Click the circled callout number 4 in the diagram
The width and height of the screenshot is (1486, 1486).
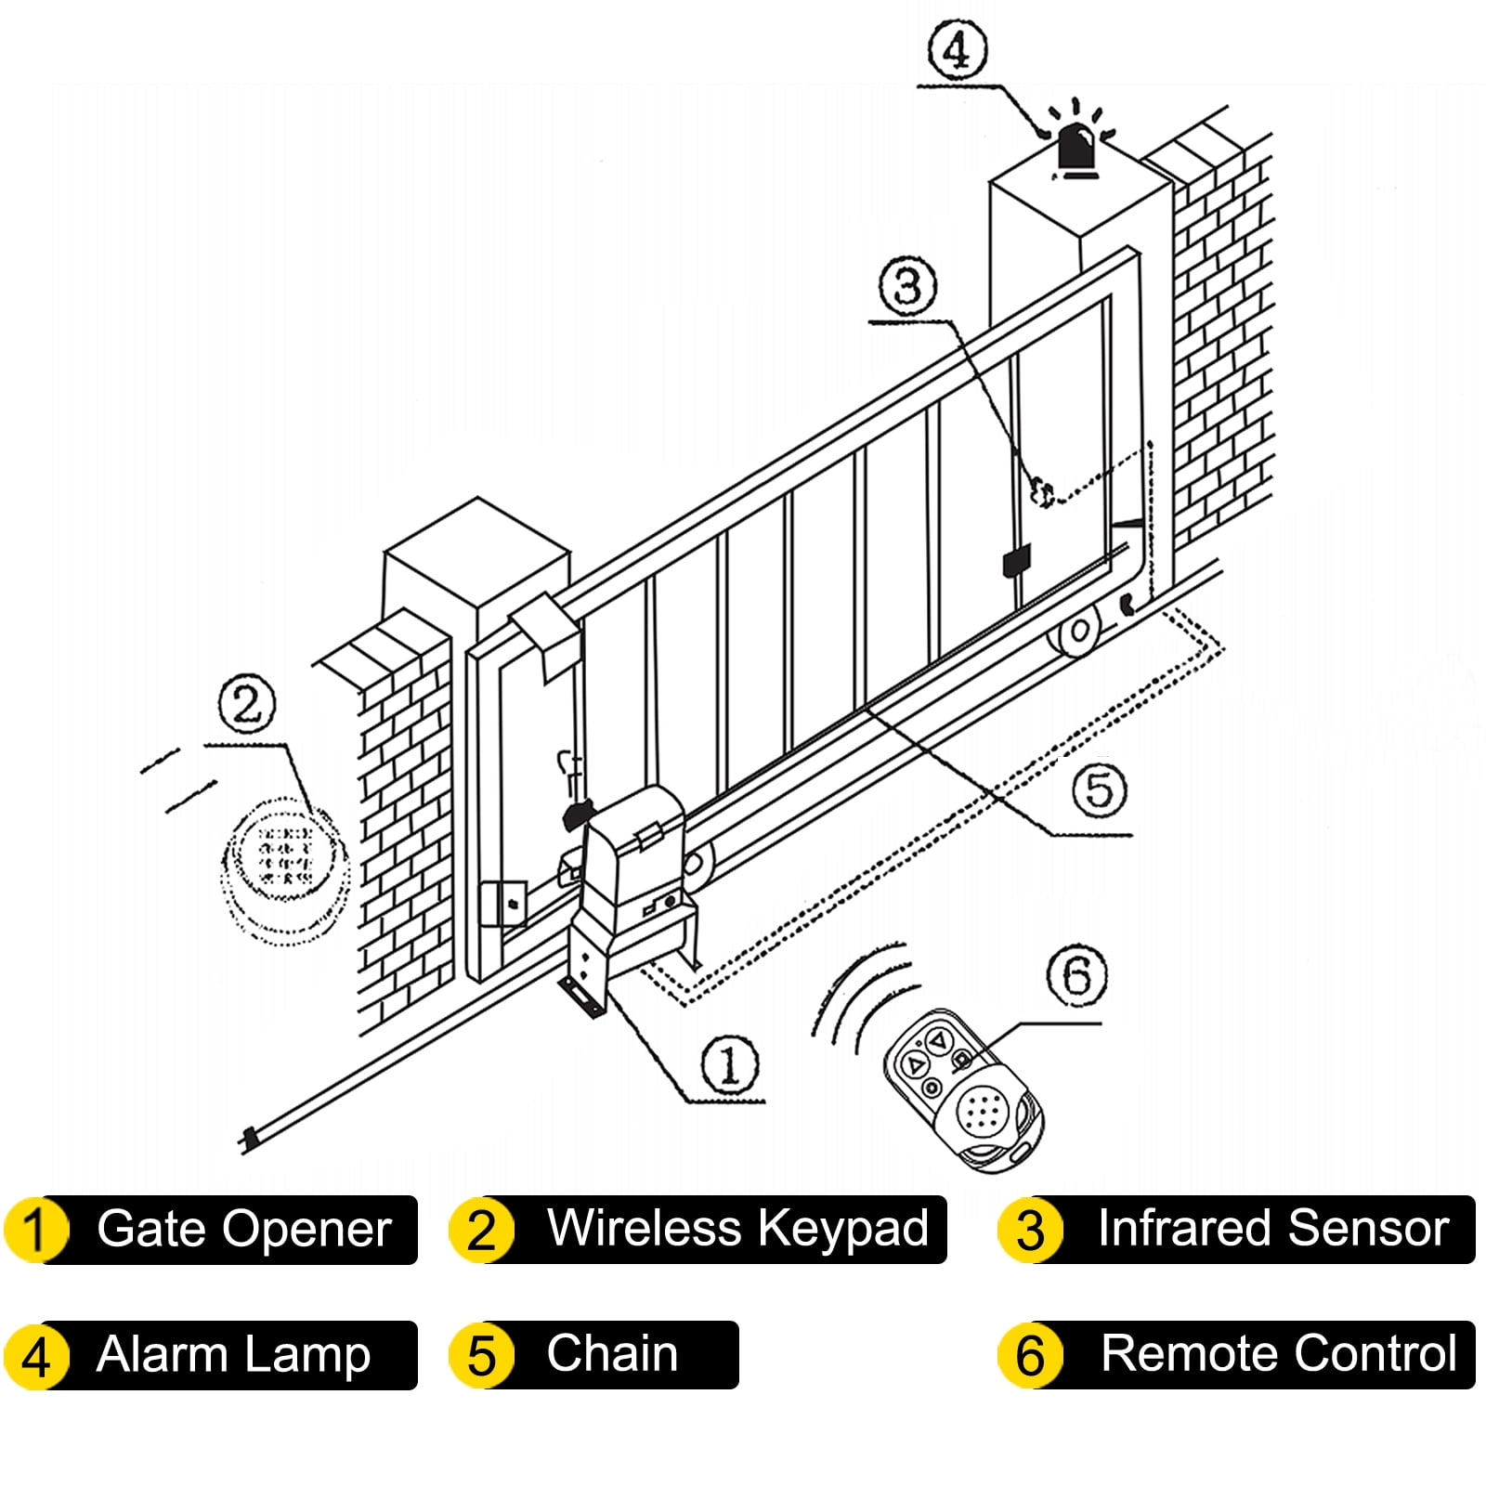click(957, 51)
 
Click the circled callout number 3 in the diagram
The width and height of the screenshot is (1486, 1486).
click(907, 285)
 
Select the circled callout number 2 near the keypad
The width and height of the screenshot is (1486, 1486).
click(247, 704)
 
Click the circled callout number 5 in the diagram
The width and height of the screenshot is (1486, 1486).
click(1099, 790)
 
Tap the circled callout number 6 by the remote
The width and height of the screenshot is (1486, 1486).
click(1076, 975)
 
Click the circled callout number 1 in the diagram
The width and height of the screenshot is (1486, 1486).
click(729, 1064)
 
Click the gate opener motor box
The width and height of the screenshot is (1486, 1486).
click(632, 864)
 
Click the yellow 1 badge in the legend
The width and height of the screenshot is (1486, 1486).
click(35, 1230)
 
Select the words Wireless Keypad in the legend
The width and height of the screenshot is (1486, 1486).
click(737, 1228)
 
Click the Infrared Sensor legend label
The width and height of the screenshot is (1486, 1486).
click(1272, 1228)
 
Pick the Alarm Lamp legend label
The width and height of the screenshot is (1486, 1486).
click(234, 1354)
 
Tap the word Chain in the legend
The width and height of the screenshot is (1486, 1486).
click(612, 1353)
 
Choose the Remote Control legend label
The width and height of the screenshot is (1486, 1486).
click(1278, 1353)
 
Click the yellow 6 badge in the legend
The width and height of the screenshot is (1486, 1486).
click(1029, 1355)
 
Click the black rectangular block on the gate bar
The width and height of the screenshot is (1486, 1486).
click(1016, 562)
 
